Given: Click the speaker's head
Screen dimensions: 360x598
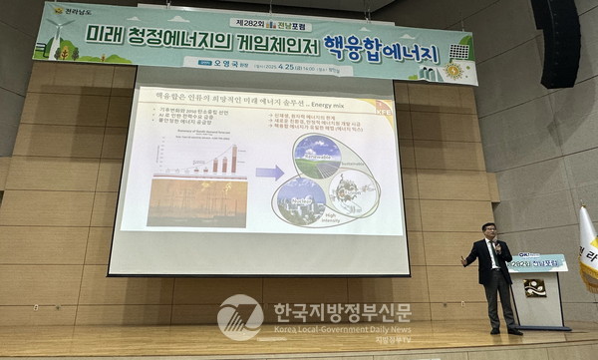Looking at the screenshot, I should (x=488, y=230).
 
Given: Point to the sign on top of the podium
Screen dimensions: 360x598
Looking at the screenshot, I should (x=536, y=262).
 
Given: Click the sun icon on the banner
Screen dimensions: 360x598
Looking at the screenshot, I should (x=454, y=71).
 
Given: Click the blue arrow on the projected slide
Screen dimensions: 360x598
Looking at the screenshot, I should (x=269, y=173).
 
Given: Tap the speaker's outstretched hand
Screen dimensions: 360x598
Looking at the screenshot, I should (x=463, y=260).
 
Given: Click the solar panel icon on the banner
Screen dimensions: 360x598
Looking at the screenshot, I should (x=458, y=51).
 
